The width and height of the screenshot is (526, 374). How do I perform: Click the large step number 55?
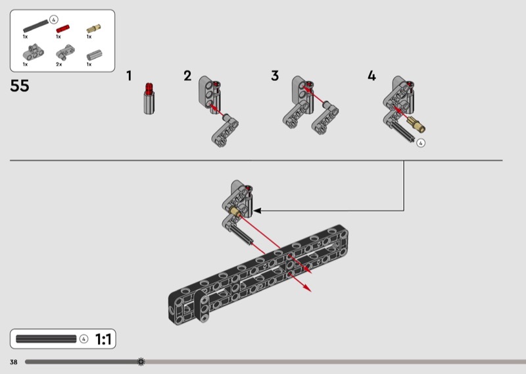pyautogui.click(x=20, y=86)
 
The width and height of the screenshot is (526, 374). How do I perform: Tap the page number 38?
pyautogui.click(x=13, y=362)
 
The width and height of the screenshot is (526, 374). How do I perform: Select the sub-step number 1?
pyautogui.click(x=129, y=76)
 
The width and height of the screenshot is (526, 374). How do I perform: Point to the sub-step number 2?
pyautogui.click(x=187, y=76)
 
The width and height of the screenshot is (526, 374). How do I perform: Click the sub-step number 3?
pyautogui.click(x=275, y=76)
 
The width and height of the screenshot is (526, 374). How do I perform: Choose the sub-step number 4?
pyautogui.click(x=371, y=76)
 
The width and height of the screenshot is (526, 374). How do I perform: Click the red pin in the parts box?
pyautogui.click(x=62, y=28)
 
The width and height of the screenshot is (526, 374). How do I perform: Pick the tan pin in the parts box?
pyautogui.click(x=93, y=28)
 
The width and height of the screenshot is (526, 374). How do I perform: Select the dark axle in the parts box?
pyautogui.click(x=36, y=26)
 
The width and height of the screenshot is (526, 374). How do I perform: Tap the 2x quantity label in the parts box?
pyautogui.click(x=59, y=64)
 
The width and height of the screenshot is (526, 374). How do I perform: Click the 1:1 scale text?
pyautogui.click(x=103, y=339)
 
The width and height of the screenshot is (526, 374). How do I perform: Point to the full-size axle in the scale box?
pyautogui.click(x=46, y=338)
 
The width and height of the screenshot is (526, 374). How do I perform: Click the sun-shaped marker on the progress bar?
pyautogui.click(x=141, y=362)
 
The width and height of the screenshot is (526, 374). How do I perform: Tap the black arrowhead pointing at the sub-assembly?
pyautogui.click(x=257, y=211)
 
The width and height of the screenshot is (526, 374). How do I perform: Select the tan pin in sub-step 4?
pyautogui.click(x=416, y=124)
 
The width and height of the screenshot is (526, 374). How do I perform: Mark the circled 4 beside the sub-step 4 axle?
pyautogui.click(x=421, y=143)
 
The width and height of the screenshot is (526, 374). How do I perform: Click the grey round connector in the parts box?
pyautogui.click(x=94, y=55)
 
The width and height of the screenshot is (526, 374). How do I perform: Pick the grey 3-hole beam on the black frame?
pyautogui.click(x=203, y=306)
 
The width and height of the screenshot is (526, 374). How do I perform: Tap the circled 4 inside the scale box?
pyautogui.click(x=84, y=338)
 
